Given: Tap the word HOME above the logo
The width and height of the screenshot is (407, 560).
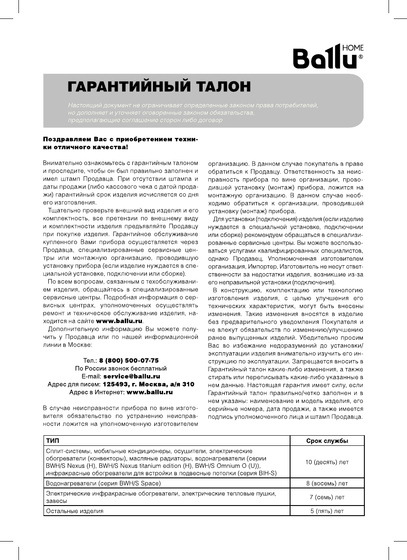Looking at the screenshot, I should coord(352,48).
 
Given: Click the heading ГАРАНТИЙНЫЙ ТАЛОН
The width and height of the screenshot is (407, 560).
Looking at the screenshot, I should coord(159,86).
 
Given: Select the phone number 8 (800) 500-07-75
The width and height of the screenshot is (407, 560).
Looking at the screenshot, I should coord(129,360).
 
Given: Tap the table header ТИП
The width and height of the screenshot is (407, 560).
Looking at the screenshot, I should coord(52,441).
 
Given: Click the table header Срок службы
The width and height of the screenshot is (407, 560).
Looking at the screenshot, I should coord(327,441).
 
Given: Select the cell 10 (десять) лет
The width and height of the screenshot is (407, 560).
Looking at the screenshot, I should coord(327,462).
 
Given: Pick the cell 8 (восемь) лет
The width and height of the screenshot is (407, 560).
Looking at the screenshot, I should coord(327,484).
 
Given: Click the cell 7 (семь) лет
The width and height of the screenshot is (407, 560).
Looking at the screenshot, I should coord(327,497).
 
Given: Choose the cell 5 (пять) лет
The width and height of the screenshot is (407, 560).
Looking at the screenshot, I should coord(327,511).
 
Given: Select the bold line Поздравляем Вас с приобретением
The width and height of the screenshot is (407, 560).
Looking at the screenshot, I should coord(120,139).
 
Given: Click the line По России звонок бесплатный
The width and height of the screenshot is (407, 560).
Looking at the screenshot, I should coord(120,368).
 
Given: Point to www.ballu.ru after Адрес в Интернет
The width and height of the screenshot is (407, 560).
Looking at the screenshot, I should coord(149,392).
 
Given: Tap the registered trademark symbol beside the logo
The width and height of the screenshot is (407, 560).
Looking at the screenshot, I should coord(361,57).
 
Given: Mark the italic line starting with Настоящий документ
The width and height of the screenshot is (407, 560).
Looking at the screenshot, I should coord(193,106).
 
